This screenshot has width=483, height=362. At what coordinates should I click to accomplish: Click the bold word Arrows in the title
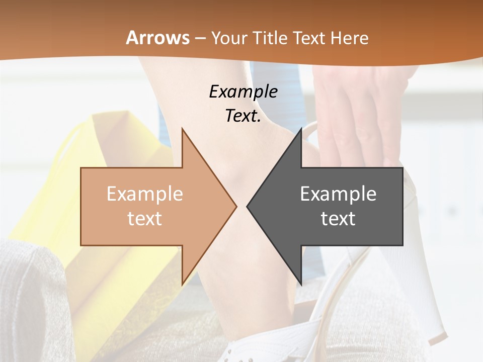[x=157, y=38]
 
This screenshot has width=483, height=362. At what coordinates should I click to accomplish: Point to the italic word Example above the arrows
[x=243, y=92]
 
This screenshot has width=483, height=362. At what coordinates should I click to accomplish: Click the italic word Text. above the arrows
[x=243, y=116]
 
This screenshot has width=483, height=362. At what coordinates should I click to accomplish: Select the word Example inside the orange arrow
[x=145, y=194]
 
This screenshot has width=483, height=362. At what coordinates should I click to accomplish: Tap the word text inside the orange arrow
[x=145, y=218]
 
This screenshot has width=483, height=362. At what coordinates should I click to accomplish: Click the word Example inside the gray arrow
[x=338, y=194]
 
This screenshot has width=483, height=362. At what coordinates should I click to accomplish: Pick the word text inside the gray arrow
[x=338, y=218]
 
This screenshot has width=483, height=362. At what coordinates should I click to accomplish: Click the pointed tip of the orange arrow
[x=235, y=206]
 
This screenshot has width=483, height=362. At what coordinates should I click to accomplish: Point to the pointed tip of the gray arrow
[x=248, y=206]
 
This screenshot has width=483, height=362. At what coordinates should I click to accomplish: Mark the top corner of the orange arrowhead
[x=183, y=129]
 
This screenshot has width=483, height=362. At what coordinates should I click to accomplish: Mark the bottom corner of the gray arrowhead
[x=301, y=284]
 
